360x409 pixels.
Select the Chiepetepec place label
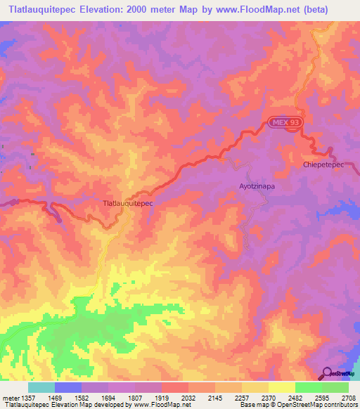[x=323, y=164]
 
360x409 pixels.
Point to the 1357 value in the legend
[x=25, y=398]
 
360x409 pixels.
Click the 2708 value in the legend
[x=349, y=398]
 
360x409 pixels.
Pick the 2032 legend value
[x=187, y=398]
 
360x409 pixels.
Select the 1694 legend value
[x=108, y=398]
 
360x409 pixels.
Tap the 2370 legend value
[x=267, y=398]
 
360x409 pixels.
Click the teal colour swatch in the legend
[x=41, y=387]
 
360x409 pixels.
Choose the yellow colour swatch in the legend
[x=281, y=387]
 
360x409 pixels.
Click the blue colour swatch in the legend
[x=68, y=387]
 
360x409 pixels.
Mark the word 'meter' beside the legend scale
[x=8, y=398]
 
